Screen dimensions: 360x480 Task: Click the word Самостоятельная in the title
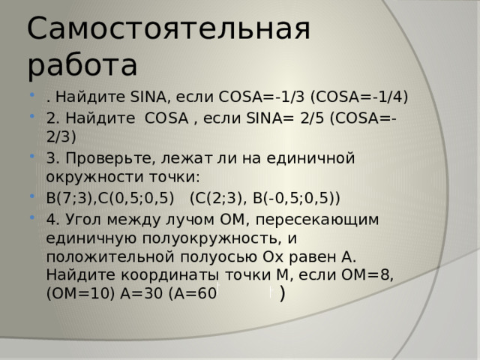[168, 28]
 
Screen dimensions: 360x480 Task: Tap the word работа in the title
[82, 66]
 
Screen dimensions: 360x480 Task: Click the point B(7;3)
[70, 199]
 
